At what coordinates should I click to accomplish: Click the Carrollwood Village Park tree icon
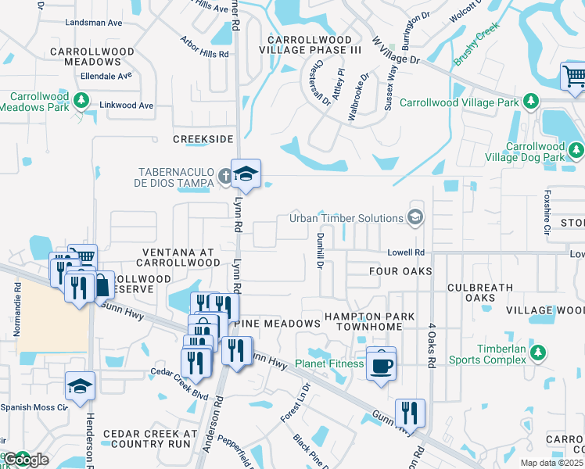coord(531,102)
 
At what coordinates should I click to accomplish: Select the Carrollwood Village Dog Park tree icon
coord(576,149)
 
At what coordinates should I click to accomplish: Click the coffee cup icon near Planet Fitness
coord(381,364)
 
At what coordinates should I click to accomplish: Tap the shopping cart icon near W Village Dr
coord(574,77)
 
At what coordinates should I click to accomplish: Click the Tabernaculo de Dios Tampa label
coord(176,177)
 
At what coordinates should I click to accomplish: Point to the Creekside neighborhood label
coord(203,138)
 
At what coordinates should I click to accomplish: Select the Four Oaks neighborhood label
coord(400,271)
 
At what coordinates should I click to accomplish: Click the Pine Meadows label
coord(278,324)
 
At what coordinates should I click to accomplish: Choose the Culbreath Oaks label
coord(481,292)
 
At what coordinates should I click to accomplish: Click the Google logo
coord(27,460)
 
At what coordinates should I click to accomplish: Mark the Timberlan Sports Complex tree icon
coord(537,353)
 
